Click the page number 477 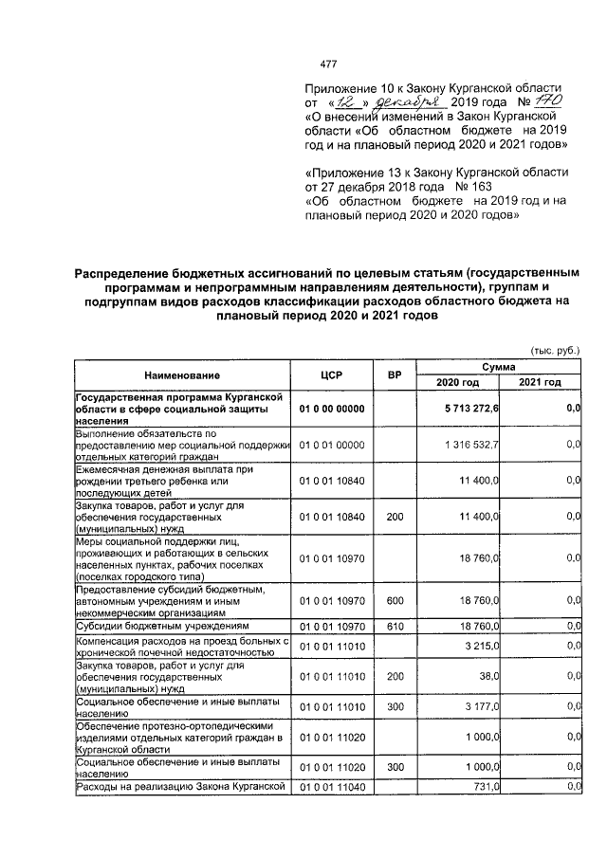coord(328,64)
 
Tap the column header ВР coord(395,374)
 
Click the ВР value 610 coord(395,627)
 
